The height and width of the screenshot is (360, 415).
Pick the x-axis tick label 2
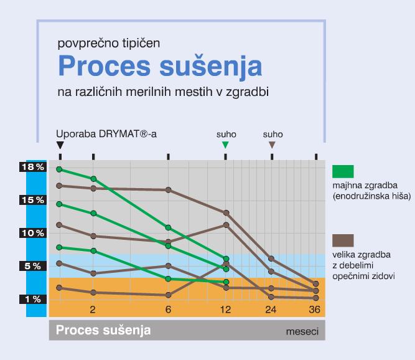coord(93,310)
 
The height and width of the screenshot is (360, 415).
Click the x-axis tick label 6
coord(168,310)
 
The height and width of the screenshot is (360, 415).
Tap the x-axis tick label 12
coord(225,310)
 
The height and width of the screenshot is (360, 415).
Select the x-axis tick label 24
coord(271,310)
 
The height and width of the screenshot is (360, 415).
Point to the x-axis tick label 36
coord(316,310)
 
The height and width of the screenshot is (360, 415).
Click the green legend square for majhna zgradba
coord(343,172)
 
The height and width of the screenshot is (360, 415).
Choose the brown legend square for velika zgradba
coord(343,241)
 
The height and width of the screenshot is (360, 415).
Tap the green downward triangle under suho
coord(226,145)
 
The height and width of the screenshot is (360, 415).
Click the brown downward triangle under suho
coord(272,145)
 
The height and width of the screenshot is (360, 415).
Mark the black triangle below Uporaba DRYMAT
coord(60,145)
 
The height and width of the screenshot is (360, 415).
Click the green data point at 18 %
coord(60,169)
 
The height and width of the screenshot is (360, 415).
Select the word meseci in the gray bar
coord(301,331)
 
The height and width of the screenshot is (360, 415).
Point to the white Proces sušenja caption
coord(103,329)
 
